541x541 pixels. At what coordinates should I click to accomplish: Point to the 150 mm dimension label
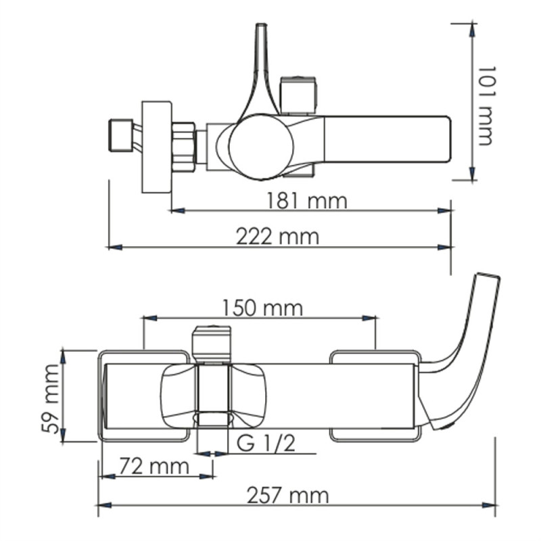[262, 308]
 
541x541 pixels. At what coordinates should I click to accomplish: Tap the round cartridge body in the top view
[260, 146]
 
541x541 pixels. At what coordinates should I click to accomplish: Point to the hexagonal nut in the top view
[184, 145]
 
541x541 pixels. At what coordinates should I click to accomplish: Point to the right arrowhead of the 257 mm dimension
[492, 504]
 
